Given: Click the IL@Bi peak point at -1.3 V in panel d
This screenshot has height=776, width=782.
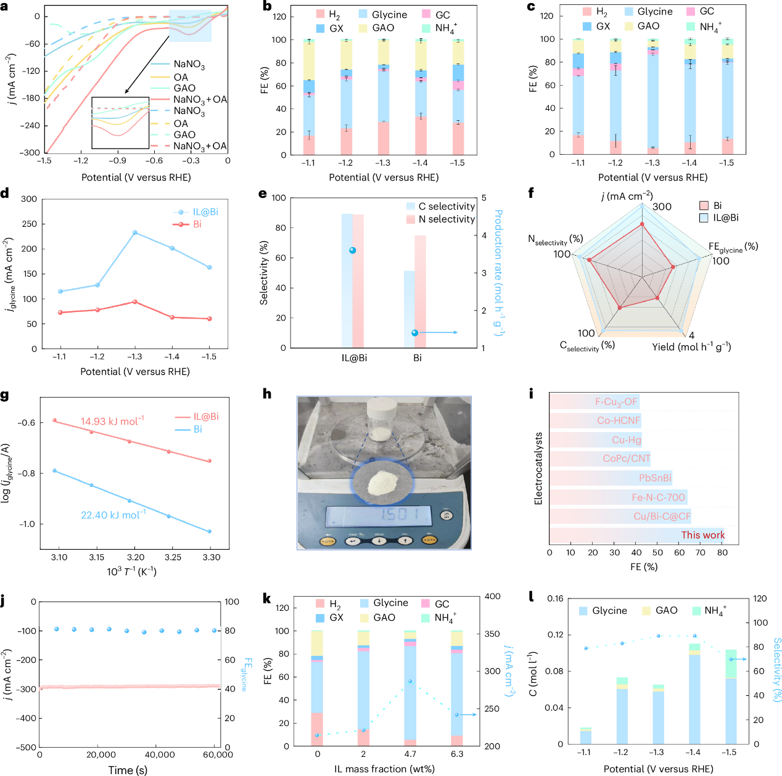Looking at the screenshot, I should pos(134,232).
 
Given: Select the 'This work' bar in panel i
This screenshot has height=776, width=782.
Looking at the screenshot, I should pos(636,535).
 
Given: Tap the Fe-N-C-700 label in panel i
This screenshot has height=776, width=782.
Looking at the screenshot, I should pos(658,497).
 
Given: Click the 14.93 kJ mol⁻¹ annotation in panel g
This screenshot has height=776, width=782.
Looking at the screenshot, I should pos(112,422).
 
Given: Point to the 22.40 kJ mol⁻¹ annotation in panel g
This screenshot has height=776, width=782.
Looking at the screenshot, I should pos(113,515).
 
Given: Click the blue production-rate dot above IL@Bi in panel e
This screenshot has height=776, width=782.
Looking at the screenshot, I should pos(353,250).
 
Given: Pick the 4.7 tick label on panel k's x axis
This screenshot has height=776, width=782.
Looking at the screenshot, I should pos(410,754).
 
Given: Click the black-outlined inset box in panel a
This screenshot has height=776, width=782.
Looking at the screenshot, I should pos(120,123).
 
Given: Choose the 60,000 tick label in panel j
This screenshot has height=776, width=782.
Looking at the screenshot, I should pos(218,754).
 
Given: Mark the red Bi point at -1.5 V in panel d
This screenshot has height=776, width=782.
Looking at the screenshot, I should pos(210,319).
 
